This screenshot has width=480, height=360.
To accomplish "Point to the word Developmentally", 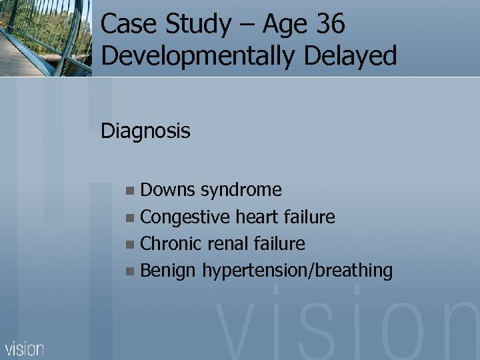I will click(197, 56).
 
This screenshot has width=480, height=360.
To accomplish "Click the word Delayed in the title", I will click(350, 56).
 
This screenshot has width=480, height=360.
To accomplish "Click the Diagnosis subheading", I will click(145, 131).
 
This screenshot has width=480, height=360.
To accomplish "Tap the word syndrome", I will click(241, 191).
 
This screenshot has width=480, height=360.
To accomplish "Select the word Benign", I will click(168, 271).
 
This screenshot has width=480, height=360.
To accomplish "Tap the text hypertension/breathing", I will click(297, 271).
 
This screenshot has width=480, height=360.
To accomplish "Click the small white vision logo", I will click(25, 348).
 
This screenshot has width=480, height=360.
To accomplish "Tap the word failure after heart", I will click(309, 217).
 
